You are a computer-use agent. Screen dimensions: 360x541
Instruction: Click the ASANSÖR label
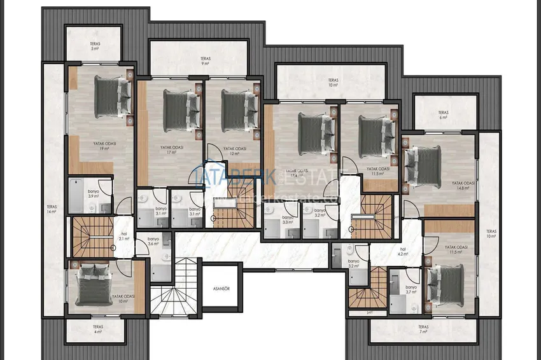pos(221,288)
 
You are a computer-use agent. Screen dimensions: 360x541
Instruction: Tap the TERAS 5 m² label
pos(95,46)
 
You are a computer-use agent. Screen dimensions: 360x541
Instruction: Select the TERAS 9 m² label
pos(197,60)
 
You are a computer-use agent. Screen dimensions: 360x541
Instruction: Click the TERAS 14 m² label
pos(51,209)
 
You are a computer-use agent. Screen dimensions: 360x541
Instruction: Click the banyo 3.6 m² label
pos(153,241)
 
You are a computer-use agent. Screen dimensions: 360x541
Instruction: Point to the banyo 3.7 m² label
pos(411,289)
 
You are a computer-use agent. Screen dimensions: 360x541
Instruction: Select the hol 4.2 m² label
pos(403,252)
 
